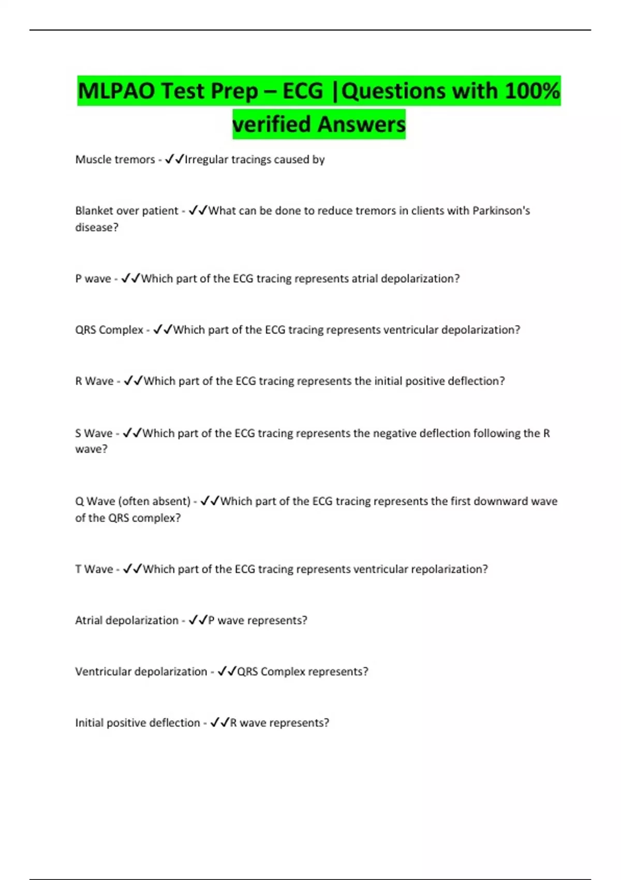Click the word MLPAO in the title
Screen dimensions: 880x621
click(x=116, y=91)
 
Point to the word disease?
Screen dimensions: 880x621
click(x=97, y=227)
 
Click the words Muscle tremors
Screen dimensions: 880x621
click(x=115, y=159)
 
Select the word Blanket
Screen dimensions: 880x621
click(x=94, y=211)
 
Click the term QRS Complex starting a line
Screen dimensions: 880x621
click(x=109, y=330)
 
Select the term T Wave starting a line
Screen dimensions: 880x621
click(x=94, y=569)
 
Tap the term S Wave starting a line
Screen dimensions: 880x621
click(x=94, y=433)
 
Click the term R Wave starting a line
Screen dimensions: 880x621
click(x=94, y=381)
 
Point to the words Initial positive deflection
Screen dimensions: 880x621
click(x=137, y=723)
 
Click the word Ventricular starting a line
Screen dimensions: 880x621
click(x=103, y=671)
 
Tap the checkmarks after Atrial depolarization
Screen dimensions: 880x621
click(x=198, y=620)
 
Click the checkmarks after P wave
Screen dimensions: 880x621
click(x=130, y=278)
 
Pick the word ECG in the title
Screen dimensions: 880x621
click(x=303, y=91)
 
